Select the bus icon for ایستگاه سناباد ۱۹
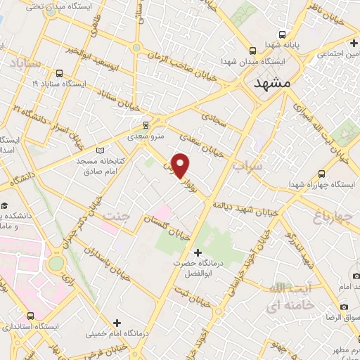tap(58, 72)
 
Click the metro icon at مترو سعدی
tap(146, 121)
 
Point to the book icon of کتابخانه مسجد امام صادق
tap(99, 150)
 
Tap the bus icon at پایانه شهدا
tap(283, 34)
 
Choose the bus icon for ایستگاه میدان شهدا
tap(254, 51)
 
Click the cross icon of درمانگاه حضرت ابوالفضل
tap(198, 252)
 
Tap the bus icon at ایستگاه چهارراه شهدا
tap(321, 174)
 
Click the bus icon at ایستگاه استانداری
tap(30, 316)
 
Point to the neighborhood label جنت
tap(117, 215)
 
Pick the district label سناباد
tap(26, 65)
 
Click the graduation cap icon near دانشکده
tap(5, 205)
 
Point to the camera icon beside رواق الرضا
tap(344, 307)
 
